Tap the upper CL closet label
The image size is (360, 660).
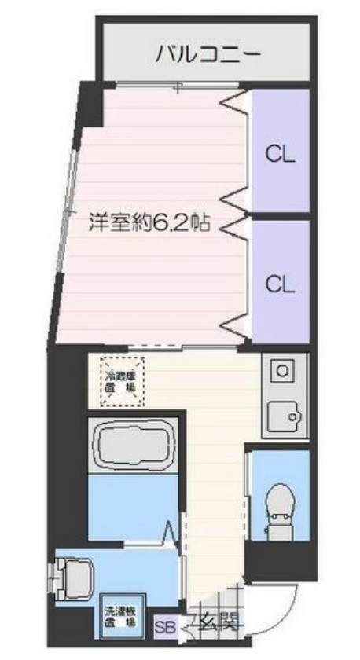[279, 155]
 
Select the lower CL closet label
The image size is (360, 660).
[279, 284]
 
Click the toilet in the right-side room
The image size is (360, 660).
[279, 503]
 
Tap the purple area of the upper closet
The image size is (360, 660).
[280, 126]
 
